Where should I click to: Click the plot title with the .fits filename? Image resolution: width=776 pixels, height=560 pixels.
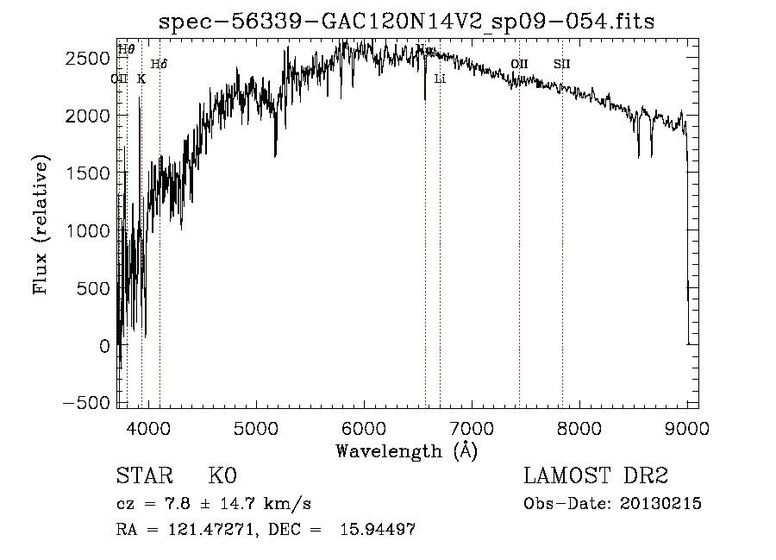tap(407, 22)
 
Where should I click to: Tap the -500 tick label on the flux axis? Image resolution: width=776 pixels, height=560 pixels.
tap(85, 404)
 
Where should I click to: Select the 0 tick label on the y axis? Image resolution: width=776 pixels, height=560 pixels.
tap(103, 346)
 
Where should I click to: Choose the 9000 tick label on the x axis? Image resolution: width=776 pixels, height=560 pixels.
tap(687, 427)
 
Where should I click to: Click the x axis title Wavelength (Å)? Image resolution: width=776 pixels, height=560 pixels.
tap(406, 450)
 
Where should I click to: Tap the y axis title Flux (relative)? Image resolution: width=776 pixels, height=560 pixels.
tap(41, 225)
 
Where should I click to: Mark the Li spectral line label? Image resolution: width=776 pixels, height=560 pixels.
tap(440, 79)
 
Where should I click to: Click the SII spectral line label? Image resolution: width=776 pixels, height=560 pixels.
tap(562, 64)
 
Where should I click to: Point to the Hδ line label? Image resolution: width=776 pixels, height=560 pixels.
tap(159, 64)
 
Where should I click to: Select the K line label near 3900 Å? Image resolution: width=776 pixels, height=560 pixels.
tap(141, 79)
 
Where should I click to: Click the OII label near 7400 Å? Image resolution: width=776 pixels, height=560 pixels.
tap(519, 64)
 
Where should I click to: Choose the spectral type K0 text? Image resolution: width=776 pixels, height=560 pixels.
tap(222, 476)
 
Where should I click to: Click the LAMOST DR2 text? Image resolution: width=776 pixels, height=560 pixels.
tap(596, 476)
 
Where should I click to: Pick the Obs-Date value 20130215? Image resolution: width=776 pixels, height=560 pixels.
tap(660, 504)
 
